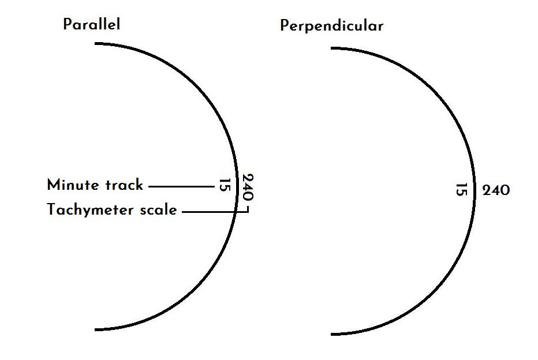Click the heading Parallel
[92, 24]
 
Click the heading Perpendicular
[331, 27]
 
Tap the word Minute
[73, 185]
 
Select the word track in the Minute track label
[124, 185]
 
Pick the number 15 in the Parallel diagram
[224, 185]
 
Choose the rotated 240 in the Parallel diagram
[248, 187]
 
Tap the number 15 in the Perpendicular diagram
[461, 189]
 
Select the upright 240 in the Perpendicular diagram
[496, 190]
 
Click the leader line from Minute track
[181, 186]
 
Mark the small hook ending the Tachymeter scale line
[248, 209]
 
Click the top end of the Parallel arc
[95, 43]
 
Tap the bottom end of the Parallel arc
[95, 329]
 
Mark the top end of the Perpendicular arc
[331, 48]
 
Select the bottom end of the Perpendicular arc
[331, 334]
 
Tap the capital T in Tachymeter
[51, 209]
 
